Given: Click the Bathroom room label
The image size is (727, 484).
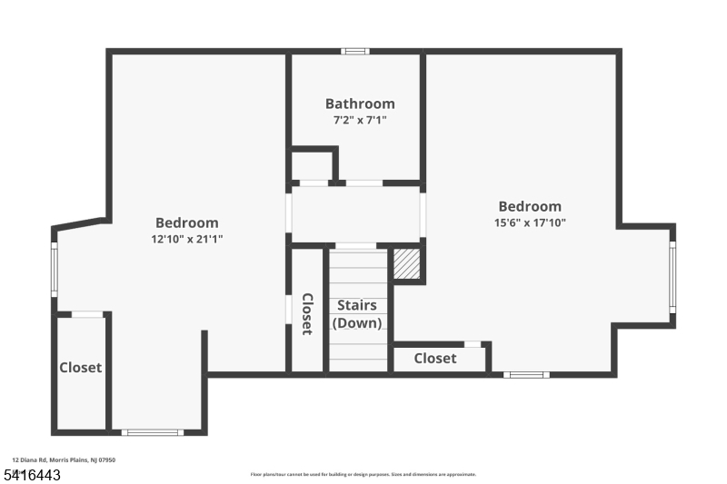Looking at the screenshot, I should pos(360,104).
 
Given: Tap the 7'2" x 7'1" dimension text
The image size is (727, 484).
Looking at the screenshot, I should pos(360,120).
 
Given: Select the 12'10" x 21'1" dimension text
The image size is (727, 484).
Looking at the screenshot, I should pos(186,239).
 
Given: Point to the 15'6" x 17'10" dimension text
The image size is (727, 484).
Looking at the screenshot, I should pos(530,222).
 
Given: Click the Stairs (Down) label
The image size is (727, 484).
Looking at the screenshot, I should pos(357,314).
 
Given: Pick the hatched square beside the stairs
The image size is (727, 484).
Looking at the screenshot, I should pos(406,264).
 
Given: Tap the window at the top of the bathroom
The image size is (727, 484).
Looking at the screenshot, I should pos(355,51).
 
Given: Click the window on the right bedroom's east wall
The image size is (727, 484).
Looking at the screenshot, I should pos(672,276).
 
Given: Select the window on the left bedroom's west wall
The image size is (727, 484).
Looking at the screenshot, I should pos(54,269).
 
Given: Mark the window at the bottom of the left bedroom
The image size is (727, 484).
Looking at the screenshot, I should pos(153,432).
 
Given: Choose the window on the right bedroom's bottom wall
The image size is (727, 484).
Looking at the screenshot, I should pos(526,374).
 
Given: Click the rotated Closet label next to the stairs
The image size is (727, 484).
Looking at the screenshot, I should pos(307,314).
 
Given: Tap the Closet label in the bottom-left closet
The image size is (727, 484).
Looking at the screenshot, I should pos(80,368).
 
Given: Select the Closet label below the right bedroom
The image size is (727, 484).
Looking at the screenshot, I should pos(435,359).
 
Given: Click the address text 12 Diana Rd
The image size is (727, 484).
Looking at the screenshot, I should pos(64,460).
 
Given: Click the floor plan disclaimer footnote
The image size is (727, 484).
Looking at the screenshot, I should pos(363,474).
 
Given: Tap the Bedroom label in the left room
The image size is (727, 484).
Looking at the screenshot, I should pos(186,222).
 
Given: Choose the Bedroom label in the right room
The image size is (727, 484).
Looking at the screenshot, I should pos(530,206).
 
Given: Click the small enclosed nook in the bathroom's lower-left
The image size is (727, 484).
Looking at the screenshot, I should pos(311,166).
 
